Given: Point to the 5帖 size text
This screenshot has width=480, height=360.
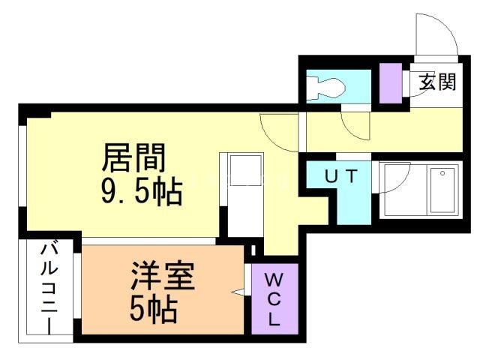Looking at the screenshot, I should pyautogui.click(x=153, y=308).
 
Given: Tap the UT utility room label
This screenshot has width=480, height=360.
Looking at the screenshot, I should pyautogui.click(x=343, y=177).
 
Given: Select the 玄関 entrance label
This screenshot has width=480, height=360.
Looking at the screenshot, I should pyautogui.click(x=437, y=82).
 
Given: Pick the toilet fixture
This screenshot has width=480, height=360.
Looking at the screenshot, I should pyautogui.click(x=328, y=88).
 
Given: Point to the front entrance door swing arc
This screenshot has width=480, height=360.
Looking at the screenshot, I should pyautogui.click(x=433, y=34).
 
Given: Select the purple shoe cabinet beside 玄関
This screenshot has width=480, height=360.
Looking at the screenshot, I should pyautogui.click(x=389, y=82).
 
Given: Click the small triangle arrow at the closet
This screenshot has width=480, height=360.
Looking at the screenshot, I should pyautogui.click(x=241, y=291).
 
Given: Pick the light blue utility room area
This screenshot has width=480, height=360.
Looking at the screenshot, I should pyautogui.click(x=352, y=202).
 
